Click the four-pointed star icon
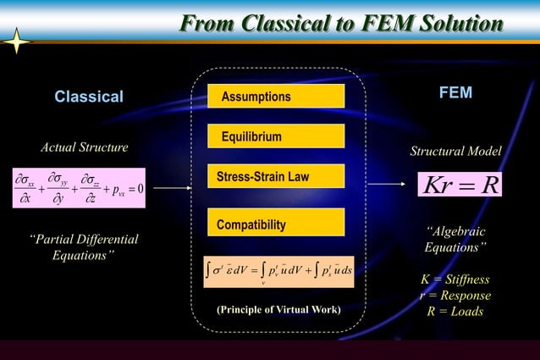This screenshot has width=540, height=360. (x=18, y=42)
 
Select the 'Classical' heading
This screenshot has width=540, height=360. (x=89, y=97)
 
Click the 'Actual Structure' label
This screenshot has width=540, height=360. (x=85, y=147)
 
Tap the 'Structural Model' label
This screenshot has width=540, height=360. (x=455, y=151)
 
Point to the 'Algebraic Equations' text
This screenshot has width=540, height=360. (x=455, y=240)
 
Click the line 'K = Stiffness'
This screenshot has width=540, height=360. (x=455, y=280)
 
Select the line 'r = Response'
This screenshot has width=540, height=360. (x=455, y=296)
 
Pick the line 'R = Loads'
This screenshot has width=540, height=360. (x=455, y=312)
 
